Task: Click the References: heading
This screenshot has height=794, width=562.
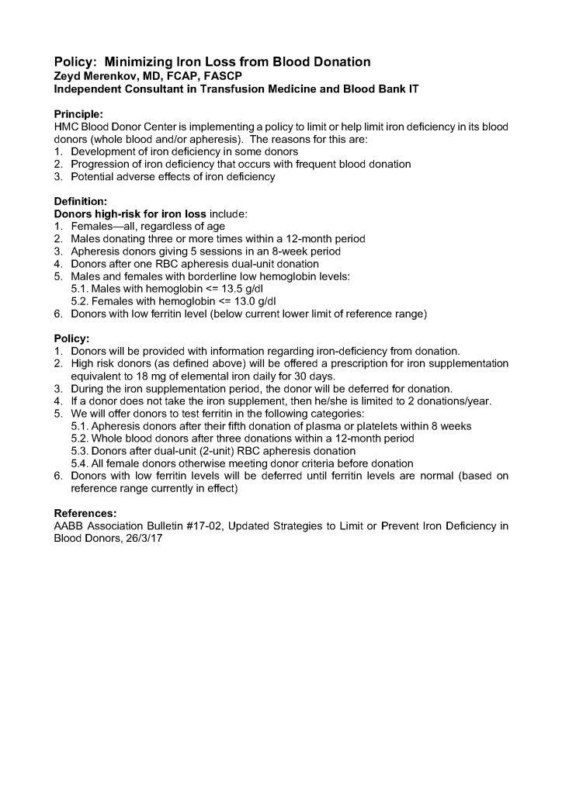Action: coord(86,513)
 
